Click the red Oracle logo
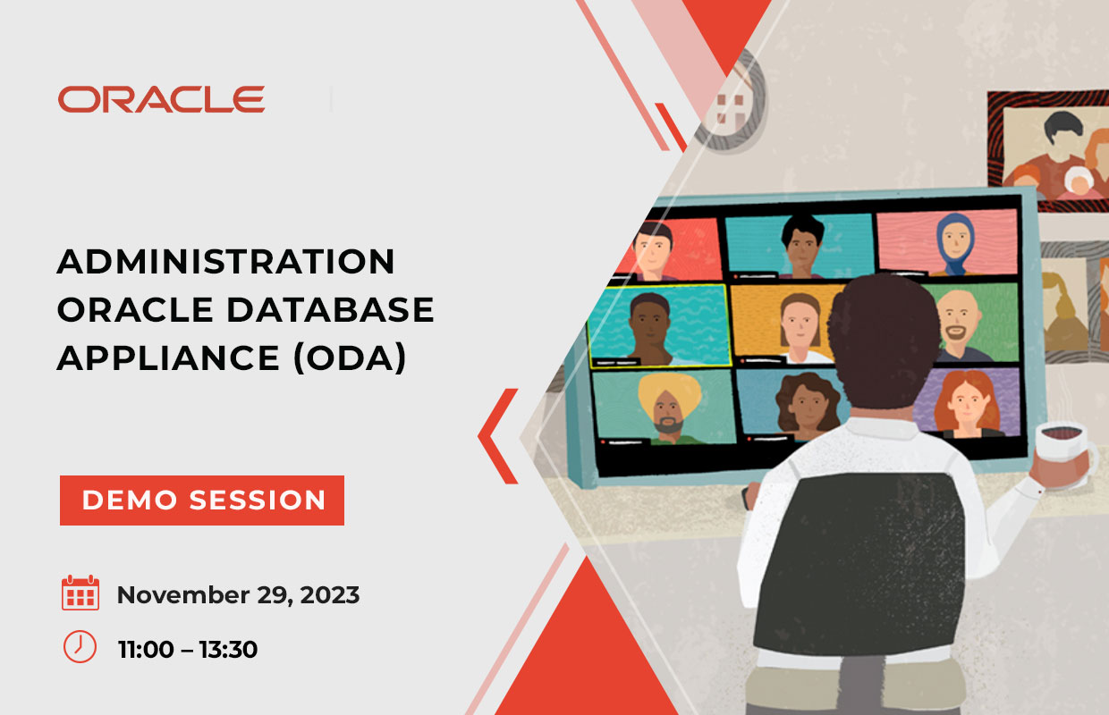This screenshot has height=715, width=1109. [161, 99]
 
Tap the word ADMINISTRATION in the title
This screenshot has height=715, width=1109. [225, 261]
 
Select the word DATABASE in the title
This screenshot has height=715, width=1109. [330, 310]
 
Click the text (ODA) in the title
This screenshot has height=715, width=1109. [350, 358]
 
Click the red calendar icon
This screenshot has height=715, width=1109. [80, 593]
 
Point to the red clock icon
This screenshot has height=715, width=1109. [80, 647]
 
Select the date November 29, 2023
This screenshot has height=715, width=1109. [238, 594]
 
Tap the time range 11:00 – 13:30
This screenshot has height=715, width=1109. [188, 649]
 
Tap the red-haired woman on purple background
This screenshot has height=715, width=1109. [966, 403]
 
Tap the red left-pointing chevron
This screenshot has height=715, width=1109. [497, 436]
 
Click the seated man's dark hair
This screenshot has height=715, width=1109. [884, 341]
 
